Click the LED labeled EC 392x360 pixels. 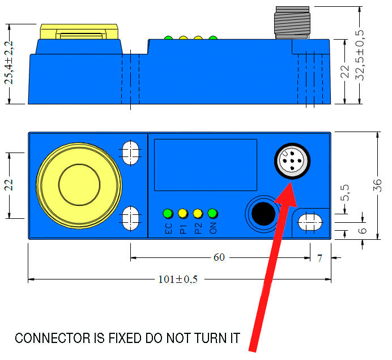click(x=168, y=214)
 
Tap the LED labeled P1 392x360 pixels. click(x=182, y=214)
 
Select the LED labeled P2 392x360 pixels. click(x=198, y=214)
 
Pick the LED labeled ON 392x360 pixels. click(x=212, y=214)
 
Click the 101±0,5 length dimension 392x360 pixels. click(x=178, y=279)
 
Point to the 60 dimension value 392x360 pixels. click(x=219, y=257)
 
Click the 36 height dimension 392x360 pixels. click(x=378, y=185)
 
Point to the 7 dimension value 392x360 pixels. click(x=319, y=258)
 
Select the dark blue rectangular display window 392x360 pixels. click(x=206, y=164)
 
